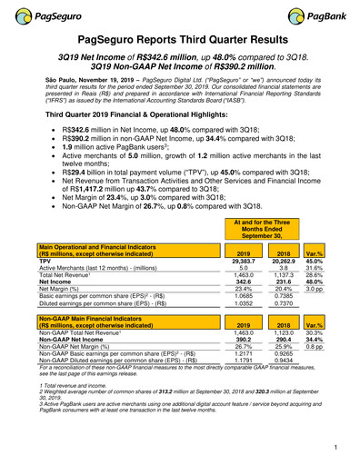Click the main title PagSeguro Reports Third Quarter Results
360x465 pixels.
[179, 41]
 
